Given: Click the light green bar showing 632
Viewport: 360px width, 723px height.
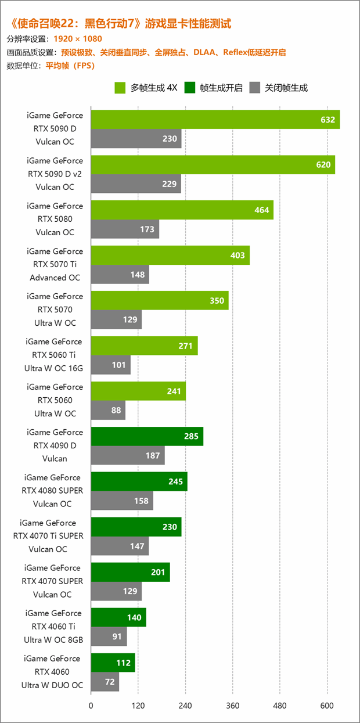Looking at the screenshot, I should (x=215, y=120).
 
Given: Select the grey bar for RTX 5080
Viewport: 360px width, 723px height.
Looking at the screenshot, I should (x=125, y=229).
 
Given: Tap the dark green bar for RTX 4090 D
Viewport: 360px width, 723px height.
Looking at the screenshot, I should (x=147, y=436).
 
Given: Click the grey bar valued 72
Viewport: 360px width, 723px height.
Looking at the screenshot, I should (x=105, y=682).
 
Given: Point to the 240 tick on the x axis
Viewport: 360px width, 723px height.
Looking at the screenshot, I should (x=185, y=705).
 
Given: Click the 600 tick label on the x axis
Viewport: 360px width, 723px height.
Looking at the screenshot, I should (x=327, y=705).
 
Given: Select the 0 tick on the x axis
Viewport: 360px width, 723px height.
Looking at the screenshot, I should (x=91, y=705).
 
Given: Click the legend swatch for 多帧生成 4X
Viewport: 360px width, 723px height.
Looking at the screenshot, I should (x=121, y=88).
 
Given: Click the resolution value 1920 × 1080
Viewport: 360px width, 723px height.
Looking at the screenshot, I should (x=77, y=39).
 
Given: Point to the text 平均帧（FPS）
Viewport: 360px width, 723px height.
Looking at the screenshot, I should (x=70, y=66).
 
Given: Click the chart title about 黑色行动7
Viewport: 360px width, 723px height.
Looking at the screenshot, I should (x=121, y=24).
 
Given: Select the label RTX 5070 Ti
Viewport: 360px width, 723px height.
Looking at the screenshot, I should (x=55, y=264).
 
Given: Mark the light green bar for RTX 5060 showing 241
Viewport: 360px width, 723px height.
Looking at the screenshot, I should (x=138, y=391).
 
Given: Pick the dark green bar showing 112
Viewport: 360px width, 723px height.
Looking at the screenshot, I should (x=113, y=663).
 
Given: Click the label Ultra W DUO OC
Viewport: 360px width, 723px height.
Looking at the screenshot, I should (x=52, y=685).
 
